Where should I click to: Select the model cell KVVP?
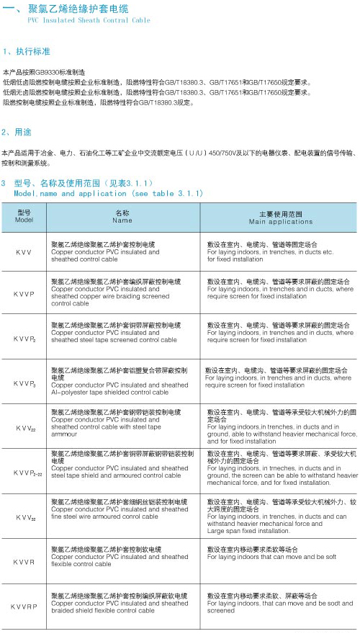tap(24, 295)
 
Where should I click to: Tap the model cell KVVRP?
tap(24, 607)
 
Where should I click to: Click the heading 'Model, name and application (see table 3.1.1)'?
tap(108, 194)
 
